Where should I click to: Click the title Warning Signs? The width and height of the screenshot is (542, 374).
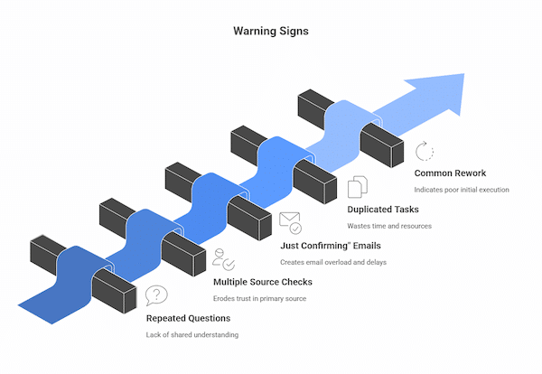270,30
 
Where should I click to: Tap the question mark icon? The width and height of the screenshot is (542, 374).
157,295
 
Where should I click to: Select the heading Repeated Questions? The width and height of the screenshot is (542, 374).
188,318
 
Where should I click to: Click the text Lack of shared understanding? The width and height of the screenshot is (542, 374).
192,335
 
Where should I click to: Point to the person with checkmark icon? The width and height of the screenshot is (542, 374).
223,259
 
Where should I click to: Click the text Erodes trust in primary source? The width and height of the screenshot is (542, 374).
259,298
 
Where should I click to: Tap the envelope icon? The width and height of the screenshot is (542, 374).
290,222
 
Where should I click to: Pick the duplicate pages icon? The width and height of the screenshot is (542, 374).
358,187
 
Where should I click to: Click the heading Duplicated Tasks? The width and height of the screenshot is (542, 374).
388,210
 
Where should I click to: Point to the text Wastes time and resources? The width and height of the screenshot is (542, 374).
394,226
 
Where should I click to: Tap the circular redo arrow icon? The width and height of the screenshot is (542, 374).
425,151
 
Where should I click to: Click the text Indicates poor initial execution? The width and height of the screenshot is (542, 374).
462,190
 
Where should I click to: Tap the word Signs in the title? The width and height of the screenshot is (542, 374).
291,30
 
